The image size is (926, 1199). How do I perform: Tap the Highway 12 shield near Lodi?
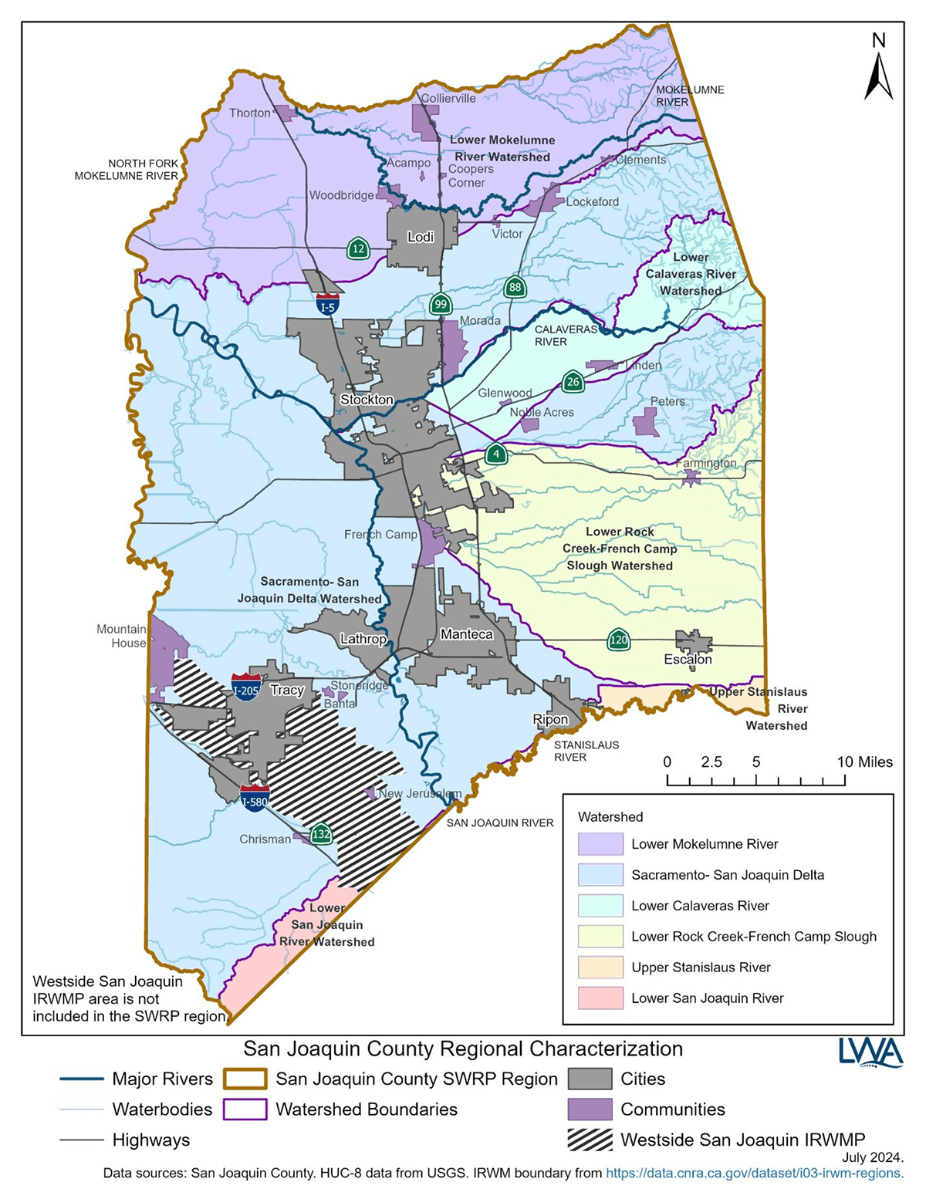click(x=357, y=248)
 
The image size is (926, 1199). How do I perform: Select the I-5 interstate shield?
click(x=328, y=303)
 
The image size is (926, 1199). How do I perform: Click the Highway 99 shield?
click(x=441, y=304)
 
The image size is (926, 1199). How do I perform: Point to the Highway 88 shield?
click(x=515, y=288)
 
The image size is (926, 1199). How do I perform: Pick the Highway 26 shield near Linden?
click(x=572, y=381)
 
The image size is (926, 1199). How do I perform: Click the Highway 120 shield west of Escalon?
click(x=618, y=640)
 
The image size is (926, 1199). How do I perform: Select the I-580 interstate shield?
click(x=255, y=797)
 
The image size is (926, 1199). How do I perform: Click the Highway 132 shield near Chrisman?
click(x=321, y=834)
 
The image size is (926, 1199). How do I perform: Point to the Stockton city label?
click(x=367, y=400)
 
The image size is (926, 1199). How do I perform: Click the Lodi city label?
click(x=421, y=237)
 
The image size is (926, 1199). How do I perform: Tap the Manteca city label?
click(x=466, y=634)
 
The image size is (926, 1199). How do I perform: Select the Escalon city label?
click(x=688, y=660)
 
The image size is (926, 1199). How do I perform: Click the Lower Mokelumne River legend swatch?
click(x=600, y=844)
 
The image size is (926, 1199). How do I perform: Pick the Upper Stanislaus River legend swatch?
click(x=600, y=968)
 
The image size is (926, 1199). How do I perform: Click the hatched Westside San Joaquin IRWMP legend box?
click(x=590, y=1140)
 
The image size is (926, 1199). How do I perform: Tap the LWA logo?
click(x=870, y=1052)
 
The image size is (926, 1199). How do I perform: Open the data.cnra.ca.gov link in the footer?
click(x=754, y=1174)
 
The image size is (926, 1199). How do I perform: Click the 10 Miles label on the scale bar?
click(x=864, y=762)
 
